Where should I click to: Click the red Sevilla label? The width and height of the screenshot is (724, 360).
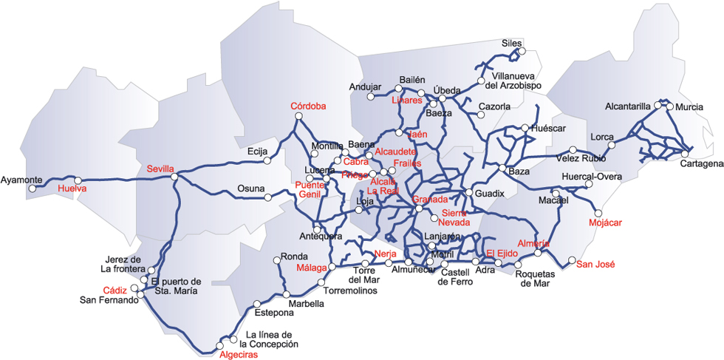click(x=160, y=169)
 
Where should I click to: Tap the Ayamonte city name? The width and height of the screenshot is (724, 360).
click(x=21, y=180)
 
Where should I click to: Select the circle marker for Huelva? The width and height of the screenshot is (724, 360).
click(x=78, y=180)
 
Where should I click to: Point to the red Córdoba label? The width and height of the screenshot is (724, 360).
click(x=308, y=106)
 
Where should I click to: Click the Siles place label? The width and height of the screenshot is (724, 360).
click(x=511, y=43)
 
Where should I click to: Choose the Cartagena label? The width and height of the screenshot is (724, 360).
click(x=701, y=163)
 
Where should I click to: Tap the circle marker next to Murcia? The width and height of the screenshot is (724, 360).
click(x=670, y=106)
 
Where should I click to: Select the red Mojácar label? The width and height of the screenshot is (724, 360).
click(x=606, y=223)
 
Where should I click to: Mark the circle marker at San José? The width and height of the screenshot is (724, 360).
click(x=571, y=259)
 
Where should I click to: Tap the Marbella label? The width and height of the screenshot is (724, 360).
click(x=306, y=304)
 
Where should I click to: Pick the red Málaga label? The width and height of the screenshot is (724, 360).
click(x=311, y=268)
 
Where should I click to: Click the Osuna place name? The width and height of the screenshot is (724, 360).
click(x=250, y=189)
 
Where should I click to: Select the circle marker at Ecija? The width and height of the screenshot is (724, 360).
click(x=267, y=160)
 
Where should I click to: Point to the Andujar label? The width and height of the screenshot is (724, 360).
click(x=365, y=86)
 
